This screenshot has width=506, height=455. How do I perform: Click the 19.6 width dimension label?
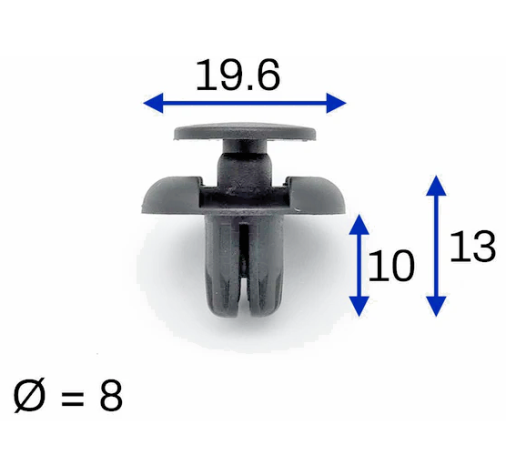[238, 76]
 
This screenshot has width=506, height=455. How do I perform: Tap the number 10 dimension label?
[392, 266]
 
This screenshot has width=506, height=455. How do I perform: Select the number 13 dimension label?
[472, 246]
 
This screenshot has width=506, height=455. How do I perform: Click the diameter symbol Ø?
[28, 397]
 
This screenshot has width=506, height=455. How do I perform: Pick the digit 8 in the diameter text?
[108, 397]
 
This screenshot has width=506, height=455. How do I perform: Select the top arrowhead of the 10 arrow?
[361, 223]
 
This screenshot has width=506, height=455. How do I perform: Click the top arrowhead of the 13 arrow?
[438, 185]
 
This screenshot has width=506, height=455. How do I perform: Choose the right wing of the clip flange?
[319, 193]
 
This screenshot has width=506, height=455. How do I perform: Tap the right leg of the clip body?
[267, 268]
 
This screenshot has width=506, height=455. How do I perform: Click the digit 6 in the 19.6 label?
[266, 76]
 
